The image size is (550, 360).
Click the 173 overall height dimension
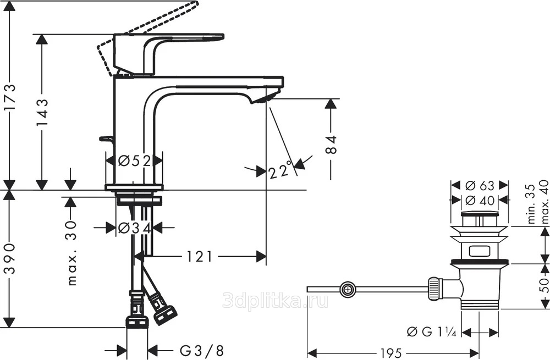point(9,97)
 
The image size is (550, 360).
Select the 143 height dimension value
point(43,113)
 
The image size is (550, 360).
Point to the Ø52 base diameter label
point(134,161)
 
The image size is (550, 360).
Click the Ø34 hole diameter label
point(134,228)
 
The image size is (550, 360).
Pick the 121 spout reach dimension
point(199,257)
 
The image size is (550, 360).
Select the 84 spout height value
point(331,145)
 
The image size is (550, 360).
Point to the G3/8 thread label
point(202,350)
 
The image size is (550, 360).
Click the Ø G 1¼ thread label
point(431,331)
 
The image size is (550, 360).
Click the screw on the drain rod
point(347,290)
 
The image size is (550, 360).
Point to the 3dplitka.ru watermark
point(276,301)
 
